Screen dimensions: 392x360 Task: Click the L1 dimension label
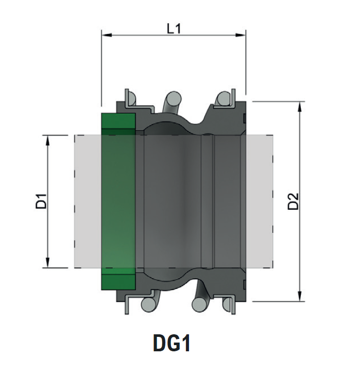[x=174, y=28]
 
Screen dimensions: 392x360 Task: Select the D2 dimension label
[x=293, y=201]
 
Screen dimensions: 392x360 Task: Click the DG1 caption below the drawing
[x=172, y=344]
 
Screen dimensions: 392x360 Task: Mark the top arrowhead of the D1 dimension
[x=48, y=139]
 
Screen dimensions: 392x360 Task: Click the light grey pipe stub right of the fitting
[x=259, y=201]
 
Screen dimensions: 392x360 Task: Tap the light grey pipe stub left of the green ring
[x=88, y=201]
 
